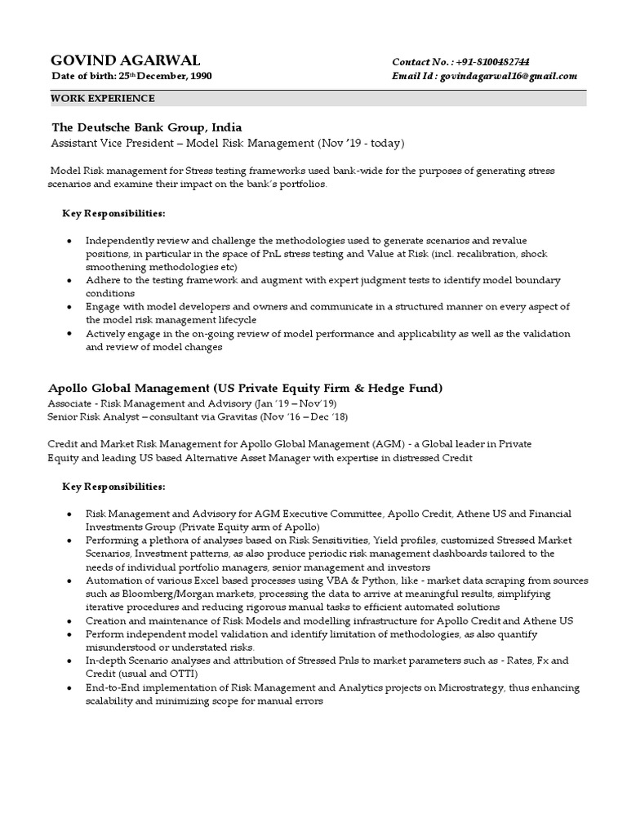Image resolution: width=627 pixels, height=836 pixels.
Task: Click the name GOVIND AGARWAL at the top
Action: click(125, 61)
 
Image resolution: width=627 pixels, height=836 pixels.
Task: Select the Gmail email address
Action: click(509, 76)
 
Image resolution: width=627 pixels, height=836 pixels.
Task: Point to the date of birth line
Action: click(131, 76)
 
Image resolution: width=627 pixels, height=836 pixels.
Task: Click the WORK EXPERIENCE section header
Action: click(103, 98)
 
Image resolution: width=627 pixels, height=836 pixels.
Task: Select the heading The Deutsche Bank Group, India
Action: click(146, 127)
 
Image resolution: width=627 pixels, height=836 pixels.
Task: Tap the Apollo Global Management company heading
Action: click(246, 387)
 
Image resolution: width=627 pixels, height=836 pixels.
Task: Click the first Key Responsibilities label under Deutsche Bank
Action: click(113, 213)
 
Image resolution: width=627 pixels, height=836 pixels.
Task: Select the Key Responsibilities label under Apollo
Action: click(113, 487)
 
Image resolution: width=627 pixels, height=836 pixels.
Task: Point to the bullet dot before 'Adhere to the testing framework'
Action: click(69, 280)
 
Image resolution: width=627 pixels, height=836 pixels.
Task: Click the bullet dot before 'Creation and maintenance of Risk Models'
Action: click(69, 620)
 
